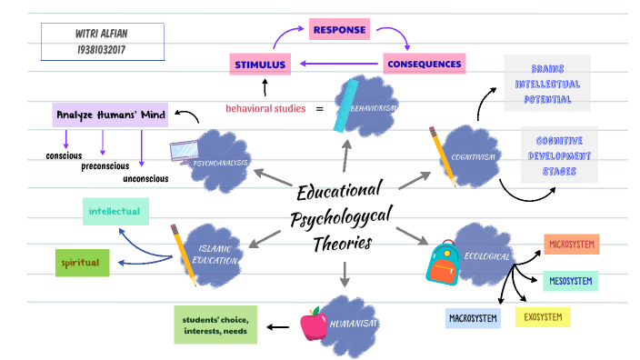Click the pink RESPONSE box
[x=339, y=30]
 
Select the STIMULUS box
[x=260, y=64]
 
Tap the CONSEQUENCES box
[x=425, y=64]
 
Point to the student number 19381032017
[x=102, y=49]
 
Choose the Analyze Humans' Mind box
[x=110, y=115]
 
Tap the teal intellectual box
[x=114, y=212]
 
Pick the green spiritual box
[x=83, y=263]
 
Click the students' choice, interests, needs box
[x=215, y=325]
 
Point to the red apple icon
[x=313, y=323]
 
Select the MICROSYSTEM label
[x=571, y=244]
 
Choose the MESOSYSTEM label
[x=571, y=281]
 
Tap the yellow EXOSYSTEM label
[x=543, y=317]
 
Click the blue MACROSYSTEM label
[x=473, y=318]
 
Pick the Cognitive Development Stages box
[x=559, y=155]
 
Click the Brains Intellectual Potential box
[x=547, y=83]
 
